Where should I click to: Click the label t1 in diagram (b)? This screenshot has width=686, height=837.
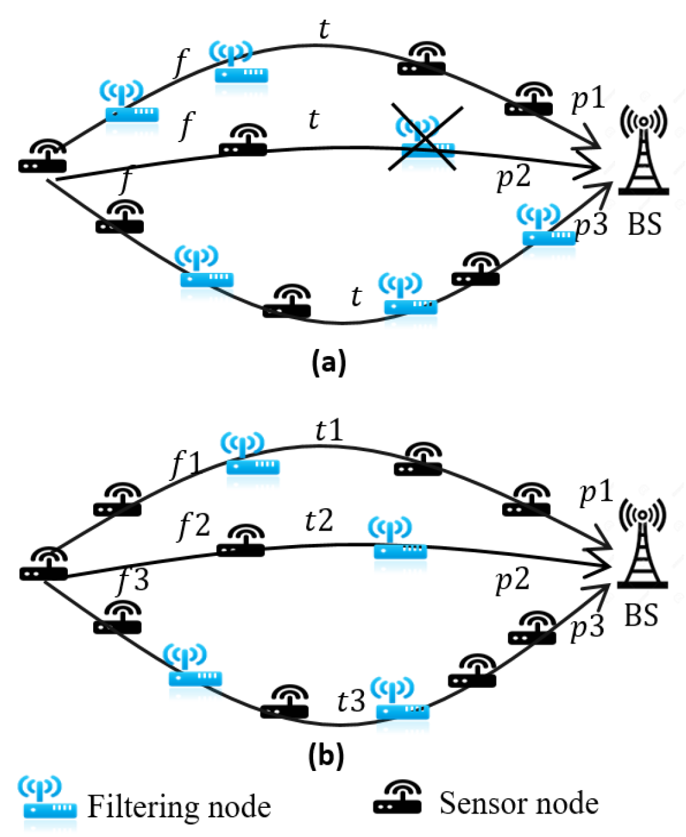click(x=329, y=431)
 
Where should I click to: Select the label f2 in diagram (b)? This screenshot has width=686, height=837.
click(x=193, y=525)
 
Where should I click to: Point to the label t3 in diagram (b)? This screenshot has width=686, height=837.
click(x=351, y=701)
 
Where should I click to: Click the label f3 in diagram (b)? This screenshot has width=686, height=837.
click(x=133, y=580)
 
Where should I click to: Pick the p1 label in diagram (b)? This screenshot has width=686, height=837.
click(x=595, y=492)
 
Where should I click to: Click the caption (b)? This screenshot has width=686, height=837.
click(x=326, y=755)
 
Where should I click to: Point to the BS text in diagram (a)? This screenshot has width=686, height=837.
click(x=644, y=224)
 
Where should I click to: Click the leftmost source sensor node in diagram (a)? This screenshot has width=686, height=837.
click(x=42, y=157)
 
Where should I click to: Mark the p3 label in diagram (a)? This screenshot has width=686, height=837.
click(x=590, y=224)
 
